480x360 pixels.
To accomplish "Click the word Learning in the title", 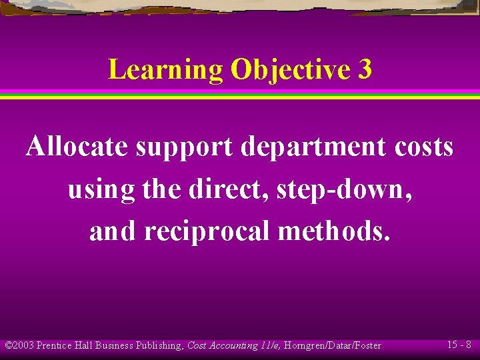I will click(x=165, y=70).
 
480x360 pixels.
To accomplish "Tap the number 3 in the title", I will click(x=364, y=69).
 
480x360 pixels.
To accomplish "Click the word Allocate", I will click(x=77, y=147).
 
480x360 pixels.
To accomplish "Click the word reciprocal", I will click(x=213, y=231).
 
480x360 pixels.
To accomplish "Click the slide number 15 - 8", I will click(x=459, y=345).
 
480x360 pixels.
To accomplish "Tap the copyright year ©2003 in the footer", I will click(x=19, y=345).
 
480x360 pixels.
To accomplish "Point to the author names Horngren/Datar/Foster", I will click(x=332, y=345).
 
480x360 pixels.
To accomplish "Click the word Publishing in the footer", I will click(x=157, y=345).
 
